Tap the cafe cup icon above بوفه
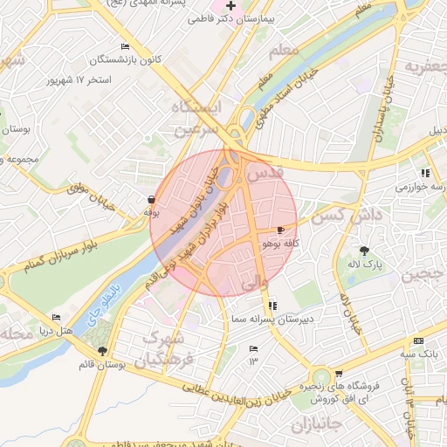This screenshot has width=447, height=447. (152, 199)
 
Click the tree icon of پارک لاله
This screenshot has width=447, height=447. (364, 251)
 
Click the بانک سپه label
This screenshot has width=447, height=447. (418, 354)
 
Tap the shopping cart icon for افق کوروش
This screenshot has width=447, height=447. (339, 374)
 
